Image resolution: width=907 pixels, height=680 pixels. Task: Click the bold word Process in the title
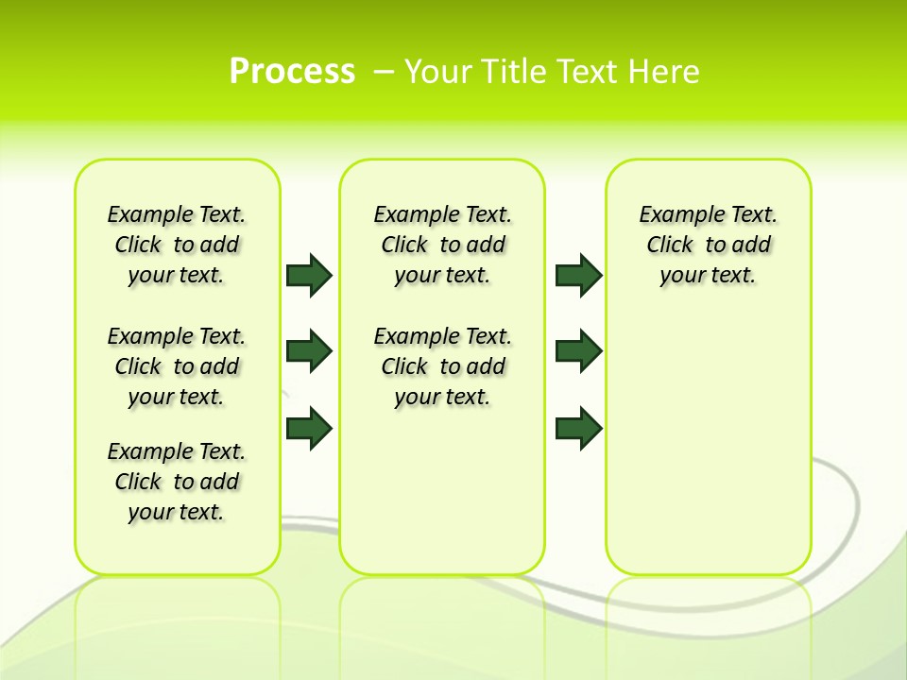[x=292, y=71]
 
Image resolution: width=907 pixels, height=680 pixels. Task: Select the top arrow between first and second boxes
[x=309, y=275]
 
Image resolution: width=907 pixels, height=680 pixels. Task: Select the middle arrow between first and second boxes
[x=309, y=351]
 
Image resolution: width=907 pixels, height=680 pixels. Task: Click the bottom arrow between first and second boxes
[x=309, y=428]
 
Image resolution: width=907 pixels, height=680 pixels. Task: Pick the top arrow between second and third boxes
[x=578, y=275]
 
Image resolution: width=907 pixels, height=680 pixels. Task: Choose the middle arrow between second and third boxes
[x=578, y=351]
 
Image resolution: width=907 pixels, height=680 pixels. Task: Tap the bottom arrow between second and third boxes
[x=578, y=428]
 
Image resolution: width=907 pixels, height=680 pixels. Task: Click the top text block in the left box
[x=177, y=245]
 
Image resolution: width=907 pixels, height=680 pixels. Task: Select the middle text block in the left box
[x=177, y=366]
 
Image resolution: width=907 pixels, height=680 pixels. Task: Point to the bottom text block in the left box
[x=177, y=482]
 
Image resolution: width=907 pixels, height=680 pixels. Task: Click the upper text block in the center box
[x=442, y=245]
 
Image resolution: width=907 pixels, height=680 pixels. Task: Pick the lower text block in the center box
[x=442, y=366]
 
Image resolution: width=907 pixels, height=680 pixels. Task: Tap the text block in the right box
[x=708, y=245]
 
